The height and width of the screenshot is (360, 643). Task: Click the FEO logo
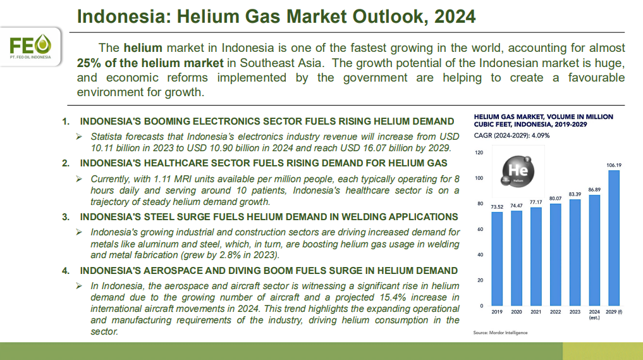pyautogui.click(x=30, y=46)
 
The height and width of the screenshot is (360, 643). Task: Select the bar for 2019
pyautogui.click(x=497, y=259)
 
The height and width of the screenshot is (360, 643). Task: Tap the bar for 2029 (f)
pyautogui.click(x=614, y=238)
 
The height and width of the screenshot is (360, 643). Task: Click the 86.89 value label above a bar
pyautogui.click(x=594, y=190)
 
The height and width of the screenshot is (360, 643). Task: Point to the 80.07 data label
pyautogui.click(x=555, y=198)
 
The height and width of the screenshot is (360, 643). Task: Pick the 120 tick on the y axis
pyautogui.click(x=479, y=152)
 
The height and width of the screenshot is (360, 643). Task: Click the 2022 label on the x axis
pyautogui.click(x=555, y=312)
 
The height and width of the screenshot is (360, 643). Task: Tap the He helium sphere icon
pyautogui.click(x=518, y=171)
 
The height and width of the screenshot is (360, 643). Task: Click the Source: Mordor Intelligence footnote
pyautogui.click(x=500, y=333)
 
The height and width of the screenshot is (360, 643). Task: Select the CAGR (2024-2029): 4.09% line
pyautogui.click(x=511, y=135)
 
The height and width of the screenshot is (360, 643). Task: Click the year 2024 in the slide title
pyautogui.click(x=455, y=17)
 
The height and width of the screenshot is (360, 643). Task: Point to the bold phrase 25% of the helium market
pyautogui.click(x=150, y=63)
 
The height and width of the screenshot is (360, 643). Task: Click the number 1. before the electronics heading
pyautogui.click(x=66, y=121)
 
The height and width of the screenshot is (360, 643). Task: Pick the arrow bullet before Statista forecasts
pyautogui.click(x=79, y=136)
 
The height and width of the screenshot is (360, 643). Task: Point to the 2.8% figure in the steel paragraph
pyautogui.click(x=231, y=255)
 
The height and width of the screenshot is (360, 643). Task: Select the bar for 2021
pyautogui.click(x=536, y=257)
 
